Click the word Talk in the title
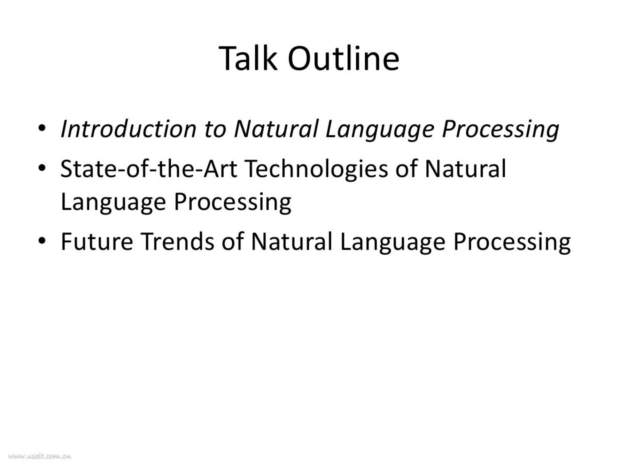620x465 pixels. point(248,58)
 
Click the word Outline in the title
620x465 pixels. point(343,58)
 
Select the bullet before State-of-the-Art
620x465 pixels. point(42,169)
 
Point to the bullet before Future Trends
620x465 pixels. point(42,241)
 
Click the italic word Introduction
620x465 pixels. point(128,129)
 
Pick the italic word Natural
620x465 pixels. point(276,129)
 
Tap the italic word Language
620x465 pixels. point(380,130)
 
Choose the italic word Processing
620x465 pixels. point(500,130)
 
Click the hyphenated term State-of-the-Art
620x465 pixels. point(149,169)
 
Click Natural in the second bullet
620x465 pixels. point(465,169)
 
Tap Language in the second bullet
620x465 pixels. point(113,203)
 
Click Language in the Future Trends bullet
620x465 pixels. point(392,243)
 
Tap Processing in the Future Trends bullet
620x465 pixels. point(512,243)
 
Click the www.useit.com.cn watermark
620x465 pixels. point(40,456)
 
